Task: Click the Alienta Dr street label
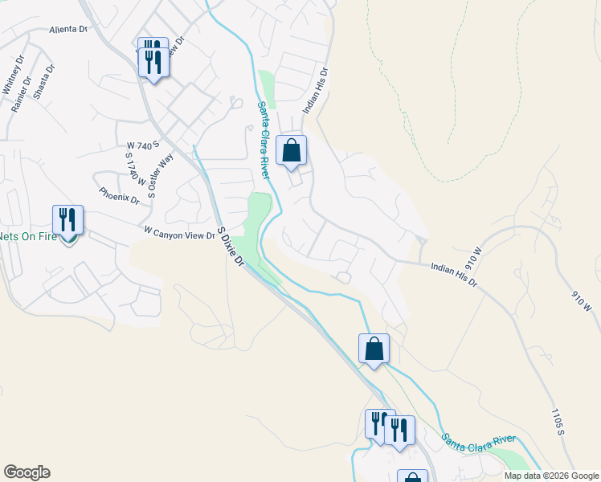click(67, 30)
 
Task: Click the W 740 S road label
click(139, 145)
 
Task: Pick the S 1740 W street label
click(134, 171)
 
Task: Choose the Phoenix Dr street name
click(119, 195)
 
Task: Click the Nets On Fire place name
click(29, 236)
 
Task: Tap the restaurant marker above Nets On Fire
click(68, 220)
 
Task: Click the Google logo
click(27, 472)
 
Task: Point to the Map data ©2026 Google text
click(551, 476)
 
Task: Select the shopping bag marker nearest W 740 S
click(291, 150)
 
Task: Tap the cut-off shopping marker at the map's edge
click(412, 477)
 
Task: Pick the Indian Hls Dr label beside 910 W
click(454, 274)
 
